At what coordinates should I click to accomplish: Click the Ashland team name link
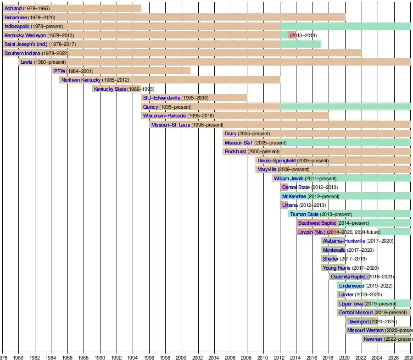pyautogui.click(x=13, y=8)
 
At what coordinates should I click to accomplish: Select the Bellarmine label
pyautogui.click(x=16, y=17)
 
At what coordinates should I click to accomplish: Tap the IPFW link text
pyautogui.click(x=59, y=71)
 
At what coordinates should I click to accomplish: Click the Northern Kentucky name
pyautogui.click(x=81, y=80)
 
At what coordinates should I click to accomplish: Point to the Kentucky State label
pyautogui.click(x=110, y=89)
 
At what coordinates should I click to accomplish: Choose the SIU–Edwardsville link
pyautogui.click(x=162, y=98)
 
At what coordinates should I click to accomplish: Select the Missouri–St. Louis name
pyautogui.click(x=170, y=125)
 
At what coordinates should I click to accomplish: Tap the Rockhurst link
pyautogui.click(x=235, y=151)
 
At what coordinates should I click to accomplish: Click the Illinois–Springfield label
pyautogui.click(x=276, y=161)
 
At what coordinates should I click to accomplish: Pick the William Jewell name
pyautogui.click(x=288, y=178)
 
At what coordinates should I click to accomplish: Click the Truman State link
pyautogui.click(x=304, y=214)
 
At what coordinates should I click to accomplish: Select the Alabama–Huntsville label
pyautogui.click(x=344, y=241)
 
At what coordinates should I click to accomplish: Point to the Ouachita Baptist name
pyautogui.click(x=348, y=277)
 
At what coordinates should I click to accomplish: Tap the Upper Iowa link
pyautogui.click(x=351, y=304)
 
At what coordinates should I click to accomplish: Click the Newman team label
pyautogui.click(x=373, y=339)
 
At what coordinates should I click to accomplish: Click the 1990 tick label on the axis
pyautogui.click(x=100, y=357)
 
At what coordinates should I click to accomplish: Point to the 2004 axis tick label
pyautogui.click(x=214, y=357)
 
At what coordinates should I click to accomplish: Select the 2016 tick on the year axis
pyautogui.click(x=312, y=357)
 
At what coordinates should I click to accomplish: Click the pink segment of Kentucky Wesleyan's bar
pyautogui.click(x=291, y=35)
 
